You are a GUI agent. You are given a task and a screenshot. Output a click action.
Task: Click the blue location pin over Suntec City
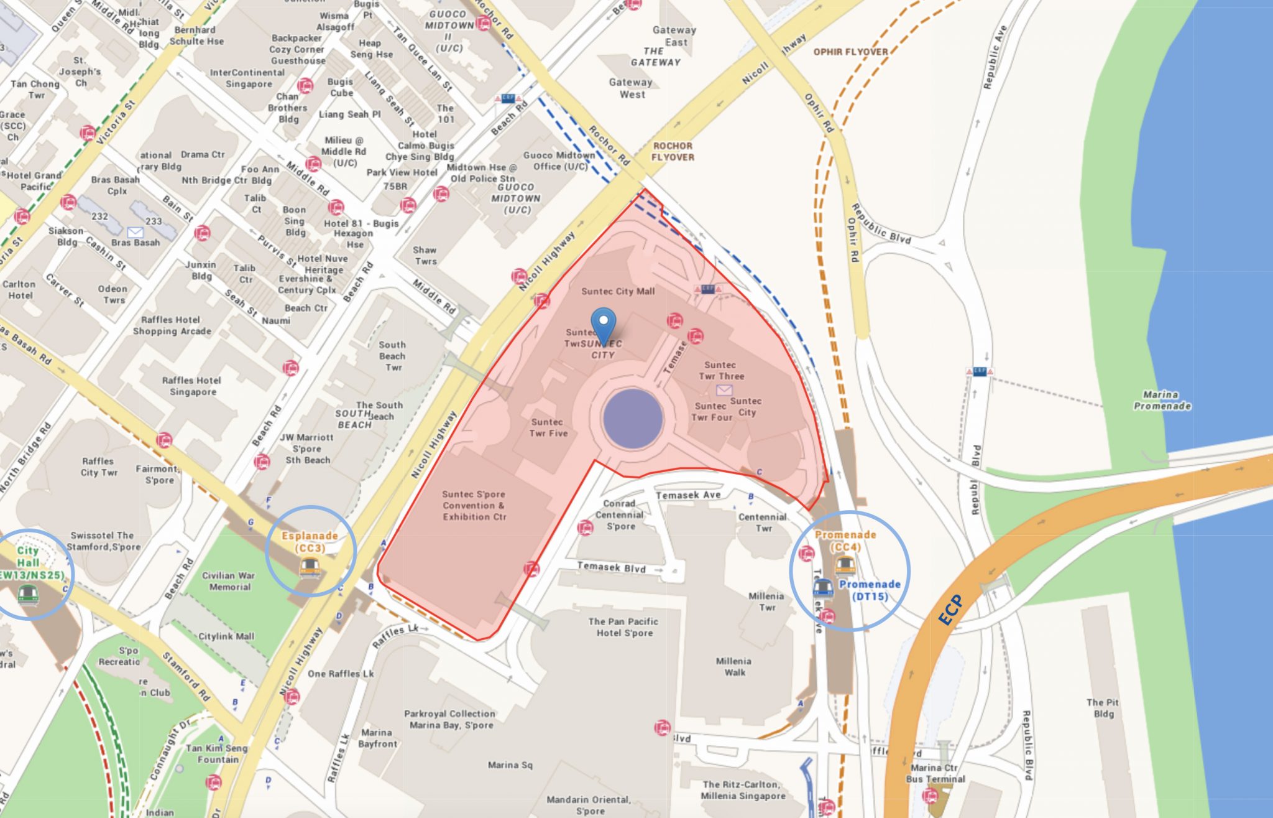pyautogui.click(x=603, y=324)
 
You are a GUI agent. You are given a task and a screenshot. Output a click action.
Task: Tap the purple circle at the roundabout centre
pyautogui.click(x=633, y=418)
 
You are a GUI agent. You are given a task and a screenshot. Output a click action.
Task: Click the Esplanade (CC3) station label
pyautogui.click(x=310, y=542)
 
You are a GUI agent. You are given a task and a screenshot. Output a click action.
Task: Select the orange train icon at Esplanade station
pyautogui.click(x=310, y=567)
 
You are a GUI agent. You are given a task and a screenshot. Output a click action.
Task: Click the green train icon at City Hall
pyautogui.click(x=28, y=594)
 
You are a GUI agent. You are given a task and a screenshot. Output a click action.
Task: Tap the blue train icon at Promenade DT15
pyautogui.click(x=823, y=587)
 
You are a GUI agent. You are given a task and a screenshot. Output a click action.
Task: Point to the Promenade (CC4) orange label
pyautogui.click(x=845, y=541)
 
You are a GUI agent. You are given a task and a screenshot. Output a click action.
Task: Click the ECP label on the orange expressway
pyautogui.click(x=950, y=610)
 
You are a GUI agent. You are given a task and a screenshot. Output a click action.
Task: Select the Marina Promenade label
pyautogui.click(x=1162, y=400)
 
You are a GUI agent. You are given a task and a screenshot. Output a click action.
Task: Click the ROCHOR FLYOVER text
pyautogui.click(x=673, y=151)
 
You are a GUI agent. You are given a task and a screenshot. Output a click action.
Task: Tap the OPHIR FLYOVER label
pyautogui.click(x=850, y=52)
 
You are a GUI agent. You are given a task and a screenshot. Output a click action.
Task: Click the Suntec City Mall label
pyautogui.click(x=618, y=291)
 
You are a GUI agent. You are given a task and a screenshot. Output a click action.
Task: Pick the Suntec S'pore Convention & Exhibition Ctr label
pyautogui.click(x=474, y=505)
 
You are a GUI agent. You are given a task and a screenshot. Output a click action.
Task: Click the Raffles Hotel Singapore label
pyautogui.click(x=192, y=386)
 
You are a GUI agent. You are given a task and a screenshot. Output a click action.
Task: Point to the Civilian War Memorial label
pyautogui.click(x=229, y=581)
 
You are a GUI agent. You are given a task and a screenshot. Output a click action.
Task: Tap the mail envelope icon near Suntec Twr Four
pyautogui.click(x=724, y=390)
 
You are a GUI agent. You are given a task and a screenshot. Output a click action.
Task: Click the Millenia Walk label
pyautogui.click(x=733, y=666)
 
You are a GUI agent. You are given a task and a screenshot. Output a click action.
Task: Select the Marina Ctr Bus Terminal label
pyautogui.click(x=935, y=773)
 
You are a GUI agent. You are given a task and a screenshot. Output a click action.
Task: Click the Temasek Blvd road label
pyautogui.click(x=611, y=567)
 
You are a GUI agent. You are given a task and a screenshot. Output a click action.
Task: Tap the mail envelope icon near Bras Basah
pyautogui.click(x=135, y=232)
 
